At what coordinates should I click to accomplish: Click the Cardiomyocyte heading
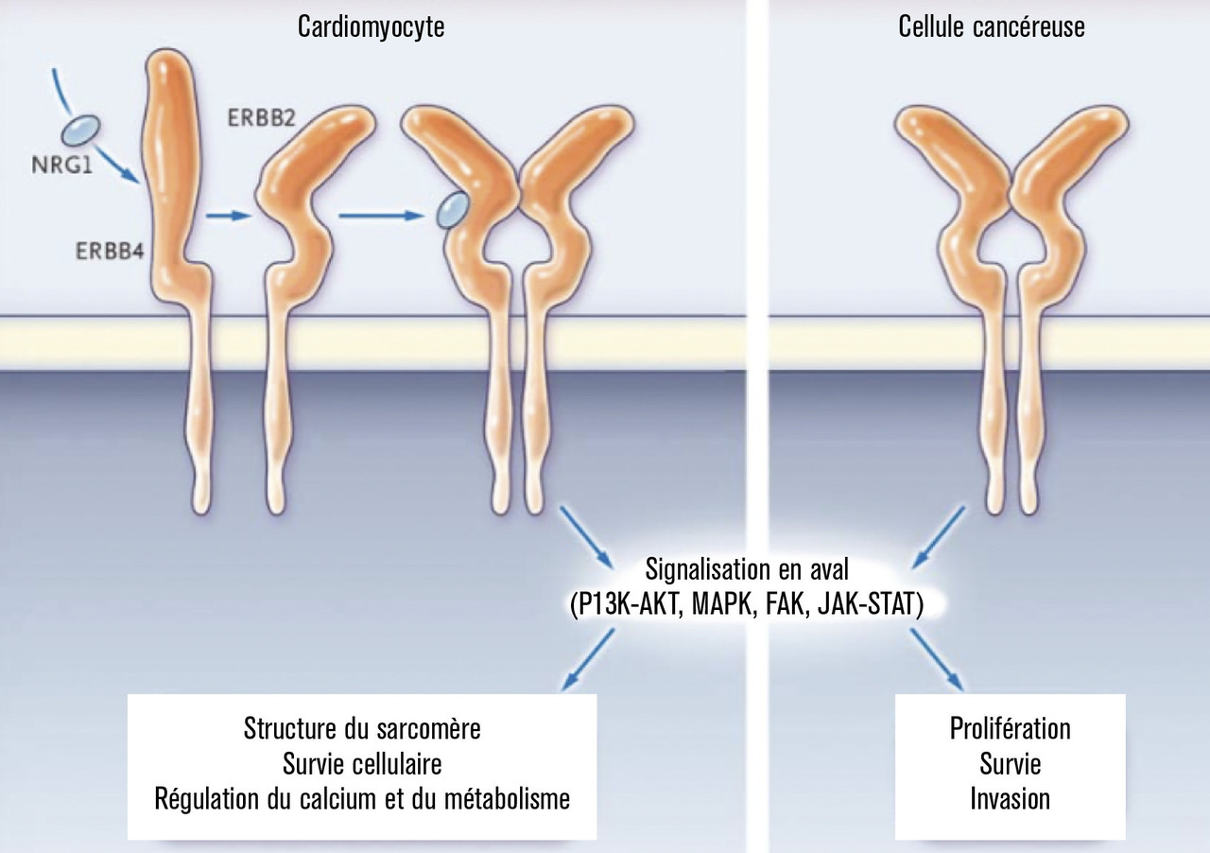pos(371,27)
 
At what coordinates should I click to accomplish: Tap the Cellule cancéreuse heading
pos(992,27)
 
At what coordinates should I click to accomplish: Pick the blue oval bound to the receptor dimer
pos(452,210)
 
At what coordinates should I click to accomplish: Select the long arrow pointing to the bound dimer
pos(379,216)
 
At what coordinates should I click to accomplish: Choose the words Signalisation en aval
pos(747,569)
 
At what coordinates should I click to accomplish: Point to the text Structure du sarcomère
pos(362,729)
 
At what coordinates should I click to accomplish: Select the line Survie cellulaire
pos(362,764)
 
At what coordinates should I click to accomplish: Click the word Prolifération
pos(1010,729)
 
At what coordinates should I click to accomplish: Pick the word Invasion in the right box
pos(1010,799)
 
